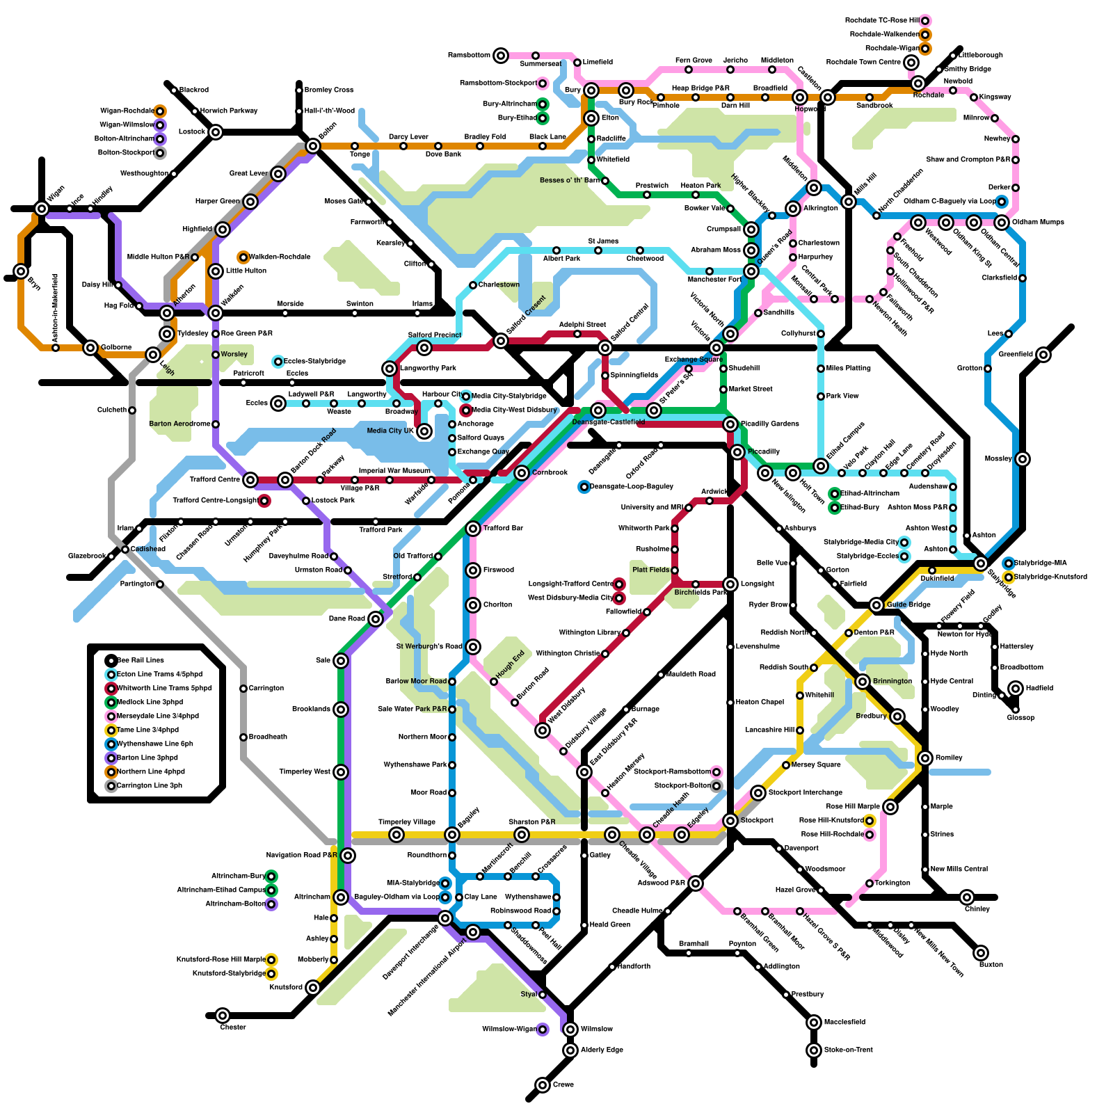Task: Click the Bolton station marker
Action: click(313, 145)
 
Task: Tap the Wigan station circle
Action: click(42, 208)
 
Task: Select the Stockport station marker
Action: click(730, 821)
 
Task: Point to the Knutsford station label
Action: click(286, 987)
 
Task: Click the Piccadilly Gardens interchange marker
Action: click(730, 424)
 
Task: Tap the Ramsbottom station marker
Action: click(501, 55)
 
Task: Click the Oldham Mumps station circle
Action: click(1001, 223)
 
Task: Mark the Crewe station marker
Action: click(543, 1084)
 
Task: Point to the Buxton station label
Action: click(991, 964)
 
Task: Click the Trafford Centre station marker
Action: click(250, 479)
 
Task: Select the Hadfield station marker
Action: click(1016, 688)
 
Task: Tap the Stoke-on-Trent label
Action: click(848, 1050)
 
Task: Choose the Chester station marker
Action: click(223, 1016)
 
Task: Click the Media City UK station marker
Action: click(424, 431)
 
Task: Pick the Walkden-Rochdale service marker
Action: click(243, 257)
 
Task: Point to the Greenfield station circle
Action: click(1043, 355)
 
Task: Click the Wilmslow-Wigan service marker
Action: click(543, 1029)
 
